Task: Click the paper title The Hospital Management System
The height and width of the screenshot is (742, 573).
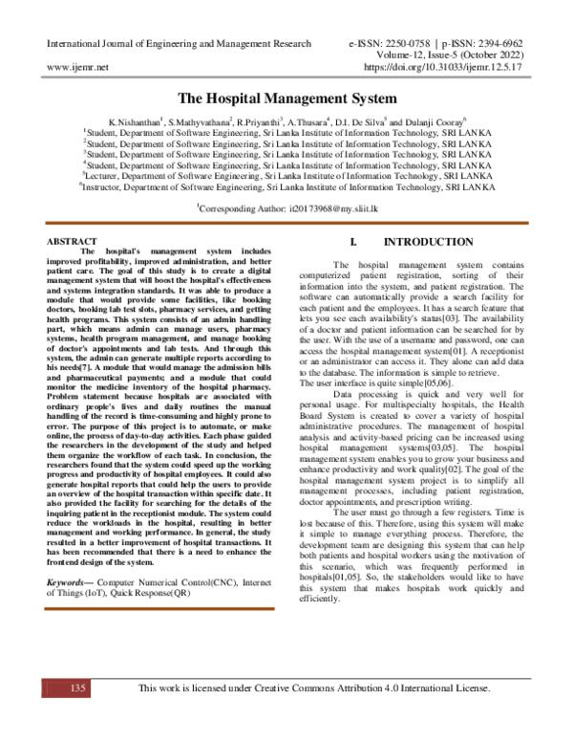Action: pyautogui.click(x=286, y=98)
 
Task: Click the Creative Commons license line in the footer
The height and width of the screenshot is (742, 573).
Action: pyautogui.click(x=314, y=688)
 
